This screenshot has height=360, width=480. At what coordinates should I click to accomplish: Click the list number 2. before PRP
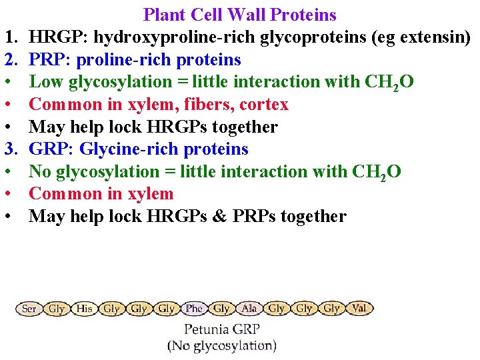(x=13, y=60)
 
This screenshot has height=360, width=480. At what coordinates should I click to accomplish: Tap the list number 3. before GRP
(x=13, y=149)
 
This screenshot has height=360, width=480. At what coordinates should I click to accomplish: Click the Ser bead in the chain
(x=29, y=309)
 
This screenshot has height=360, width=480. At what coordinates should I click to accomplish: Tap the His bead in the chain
(x=84, y=309)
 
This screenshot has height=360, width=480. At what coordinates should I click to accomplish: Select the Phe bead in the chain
(x=194, y=309)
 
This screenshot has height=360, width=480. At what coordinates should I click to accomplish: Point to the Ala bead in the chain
(x=249, y=309)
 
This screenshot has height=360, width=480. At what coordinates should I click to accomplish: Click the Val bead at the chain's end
(x=359, y=309)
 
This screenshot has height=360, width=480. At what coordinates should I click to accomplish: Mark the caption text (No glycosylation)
(x=221, y=345)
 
